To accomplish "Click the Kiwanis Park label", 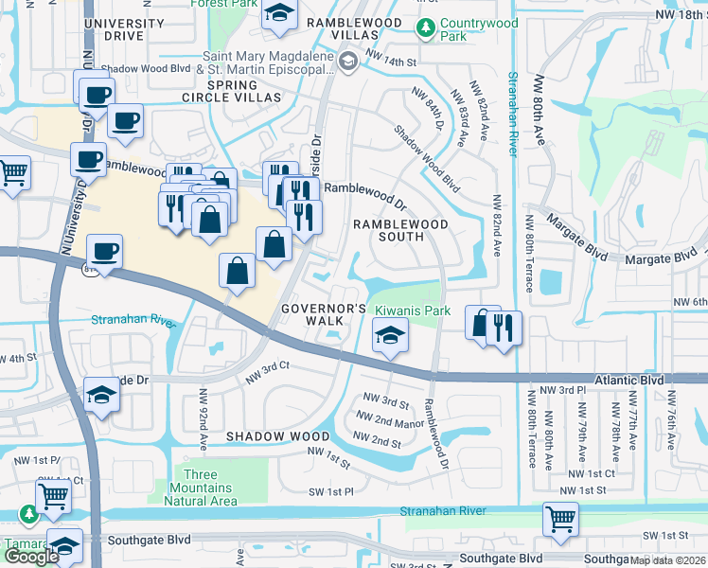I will click(413, 311).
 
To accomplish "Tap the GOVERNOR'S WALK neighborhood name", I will click(322, 314).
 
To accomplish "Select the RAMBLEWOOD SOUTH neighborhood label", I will click(400, 231).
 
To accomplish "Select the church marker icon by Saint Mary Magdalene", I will click(348, 62).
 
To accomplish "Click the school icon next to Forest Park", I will click(278, 14).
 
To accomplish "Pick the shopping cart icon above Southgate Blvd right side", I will click(560, 520).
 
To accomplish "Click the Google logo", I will click(30, 556).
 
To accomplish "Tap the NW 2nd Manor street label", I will click(389, 421).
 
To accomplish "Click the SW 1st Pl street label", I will click(329, 492).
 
